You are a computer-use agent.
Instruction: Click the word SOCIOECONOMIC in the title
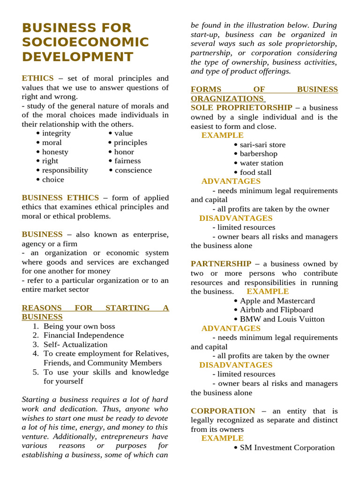[x=85, y=42]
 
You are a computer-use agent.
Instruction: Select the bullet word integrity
[x=56, y=133]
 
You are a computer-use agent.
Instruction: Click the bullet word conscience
[x=133, y=170]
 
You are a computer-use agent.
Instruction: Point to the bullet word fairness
[x=127, y=161]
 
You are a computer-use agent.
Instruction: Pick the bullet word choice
[x=53, y=180]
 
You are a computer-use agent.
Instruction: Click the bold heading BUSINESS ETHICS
[x=60, y=198]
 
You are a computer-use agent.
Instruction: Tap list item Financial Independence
[x=84, y=335]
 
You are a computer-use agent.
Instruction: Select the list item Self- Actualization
[x=75, y=345]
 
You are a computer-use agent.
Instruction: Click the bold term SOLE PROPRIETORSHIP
[x=241, y=108]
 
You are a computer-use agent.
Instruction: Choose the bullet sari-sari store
[x=262, y=145]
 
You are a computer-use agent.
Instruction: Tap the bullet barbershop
[x=258, y=154]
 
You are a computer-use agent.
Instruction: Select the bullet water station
[x=262, y=163]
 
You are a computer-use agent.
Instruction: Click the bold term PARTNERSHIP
[x=221, y=264]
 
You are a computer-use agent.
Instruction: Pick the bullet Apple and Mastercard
[x=277, y=301]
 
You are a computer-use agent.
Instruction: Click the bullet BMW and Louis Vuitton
[x=282, y=319]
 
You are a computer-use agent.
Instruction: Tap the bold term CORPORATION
[x=223, y=411]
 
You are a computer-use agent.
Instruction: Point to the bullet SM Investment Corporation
[x=287, y=448]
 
